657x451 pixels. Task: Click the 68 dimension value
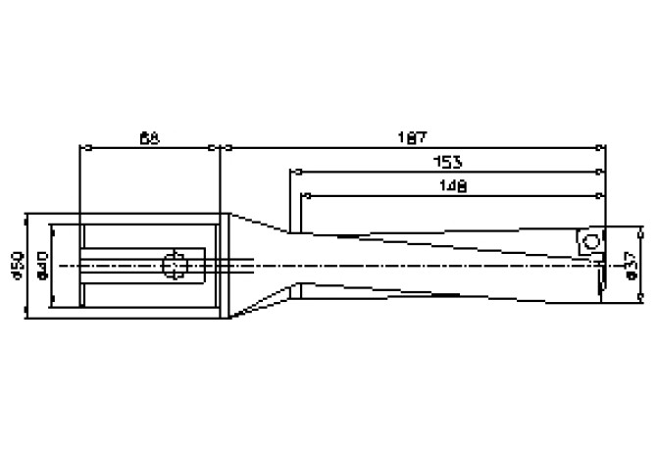click(150, 139)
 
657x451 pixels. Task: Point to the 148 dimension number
click(452, 184)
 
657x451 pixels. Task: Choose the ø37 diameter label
click(630, 265)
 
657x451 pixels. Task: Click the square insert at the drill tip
click(590, 243)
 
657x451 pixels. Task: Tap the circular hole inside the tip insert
click(590, 241)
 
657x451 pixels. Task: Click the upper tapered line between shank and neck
click(260, 224)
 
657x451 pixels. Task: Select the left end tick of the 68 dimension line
click(80, 149)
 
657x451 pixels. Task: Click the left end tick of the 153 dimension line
click(290, 172)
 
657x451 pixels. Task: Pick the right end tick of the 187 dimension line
click(600, 149)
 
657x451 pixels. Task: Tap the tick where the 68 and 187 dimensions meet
click(220, 149)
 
